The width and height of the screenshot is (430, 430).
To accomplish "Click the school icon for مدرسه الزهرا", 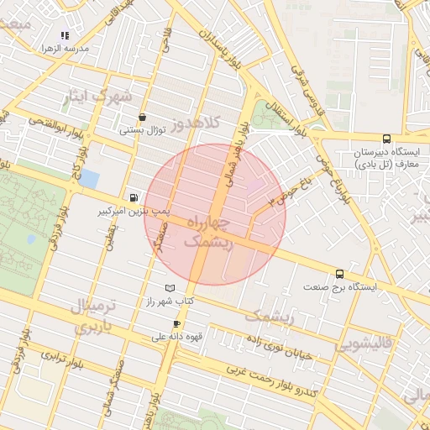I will pos(65,35).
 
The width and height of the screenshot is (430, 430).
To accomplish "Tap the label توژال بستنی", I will pos(143,130).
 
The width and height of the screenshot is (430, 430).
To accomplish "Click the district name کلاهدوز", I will pos(195,124).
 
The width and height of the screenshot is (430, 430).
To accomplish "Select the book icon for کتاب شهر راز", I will pos(170,288).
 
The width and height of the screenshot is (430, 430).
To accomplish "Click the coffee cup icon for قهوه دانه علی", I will pos(176,323).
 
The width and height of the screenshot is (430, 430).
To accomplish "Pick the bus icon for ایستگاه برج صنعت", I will pos(339,274).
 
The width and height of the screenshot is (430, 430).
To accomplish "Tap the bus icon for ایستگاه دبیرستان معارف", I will pos(386,139).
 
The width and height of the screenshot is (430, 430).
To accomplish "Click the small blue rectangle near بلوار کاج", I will pos(90,179).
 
